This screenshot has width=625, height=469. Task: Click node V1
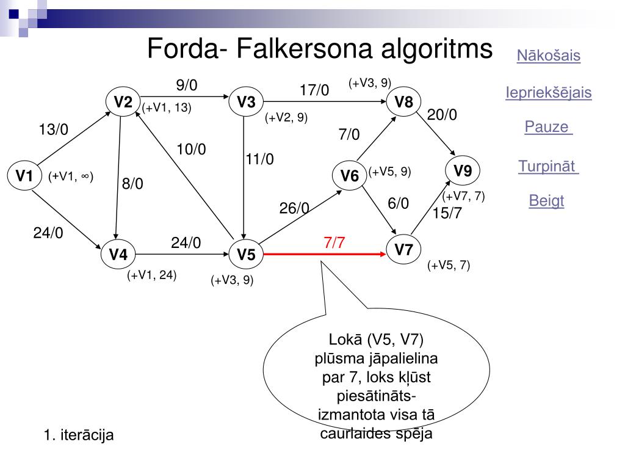[24, 176]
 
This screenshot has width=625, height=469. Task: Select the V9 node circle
[463, 171]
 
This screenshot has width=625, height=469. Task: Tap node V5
[246, 254]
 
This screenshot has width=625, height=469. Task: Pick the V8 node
[403, 102]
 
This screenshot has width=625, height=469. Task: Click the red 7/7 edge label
[334, 242]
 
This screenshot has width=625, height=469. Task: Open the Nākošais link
[548, 56]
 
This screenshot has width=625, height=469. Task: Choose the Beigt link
[546, 201]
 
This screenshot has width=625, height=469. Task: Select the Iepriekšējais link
[548, 93]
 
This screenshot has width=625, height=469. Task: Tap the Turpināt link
[548, 166]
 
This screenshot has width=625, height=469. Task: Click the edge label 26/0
[294, 208]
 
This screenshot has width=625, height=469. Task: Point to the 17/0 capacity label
[314, 90]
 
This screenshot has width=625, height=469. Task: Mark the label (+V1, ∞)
[71, 176]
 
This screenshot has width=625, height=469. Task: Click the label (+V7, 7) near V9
[463, 196]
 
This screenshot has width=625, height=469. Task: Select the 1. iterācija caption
[79, 435]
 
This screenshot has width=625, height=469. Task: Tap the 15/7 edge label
[447, 213]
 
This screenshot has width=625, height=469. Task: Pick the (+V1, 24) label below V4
[151, 275]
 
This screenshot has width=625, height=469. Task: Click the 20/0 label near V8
[442, 115]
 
